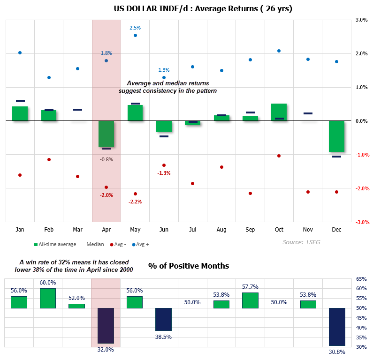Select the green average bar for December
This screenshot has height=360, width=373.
tap(336, 136)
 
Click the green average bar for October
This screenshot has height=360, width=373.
tap(279, 112)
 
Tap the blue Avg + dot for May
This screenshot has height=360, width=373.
tap(135, 35)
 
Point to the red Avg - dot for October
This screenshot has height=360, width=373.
tap(279, 156)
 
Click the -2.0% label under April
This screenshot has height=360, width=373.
tap(106, 195)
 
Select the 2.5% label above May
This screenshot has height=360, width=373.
tap(135, 28)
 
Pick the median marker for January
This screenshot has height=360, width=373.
tap(20, 101)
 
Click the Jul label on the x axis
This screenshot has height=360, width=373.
tap(192, 230)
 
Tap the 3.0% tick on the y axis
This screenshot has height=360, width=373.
tap(361, 20)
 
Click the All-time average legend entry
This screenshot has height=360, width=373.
tap(55, 244)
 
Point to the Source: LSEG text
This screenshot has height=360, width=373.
tap(300, 242)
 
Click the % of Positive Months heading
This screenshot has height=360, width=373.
tap(189, 266)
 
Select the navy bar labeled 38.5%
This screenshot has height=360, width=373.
tap(164, 319)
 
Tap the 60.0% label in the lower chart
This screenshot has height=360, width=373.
tap(48, 283)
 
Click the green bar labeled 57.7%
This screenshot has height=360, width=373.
tap(250, 300)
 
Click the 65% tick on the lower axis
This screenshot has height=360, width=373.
tap(362, 279)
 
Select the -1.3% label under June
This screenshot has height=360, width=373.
tap(164, 173)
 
